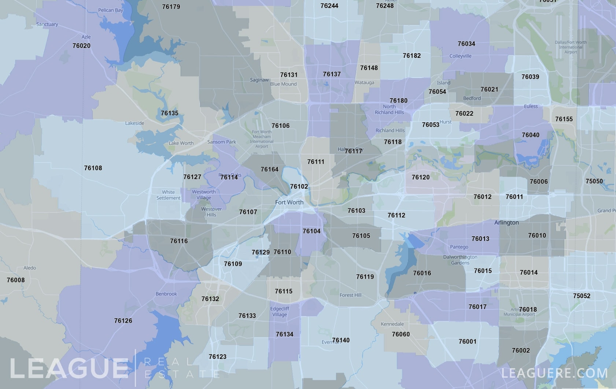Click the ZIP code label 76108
coord(93,168)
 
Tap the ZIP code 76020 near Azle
coord(81,46)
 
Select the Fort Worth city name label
coord(289,202)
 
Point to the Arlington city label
coord(506,223)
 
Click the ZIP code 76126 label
coord(123,321)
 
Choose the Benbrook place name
coord(166,294)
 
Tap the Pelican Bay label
coord(111,10)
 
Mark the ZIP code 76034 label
coord(466,44)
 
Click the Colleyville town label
coord(460,56)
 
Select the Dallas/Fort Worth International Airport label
coord(571,47)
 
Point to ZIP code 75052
coord(582,296)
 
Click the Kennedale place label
coord(392,324)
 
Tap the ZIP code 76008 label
coord(16,280)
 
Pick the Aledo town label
coord(30,268)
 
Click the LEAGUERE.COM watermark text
coord(554,373)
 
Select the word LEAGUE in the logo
coord(69,368)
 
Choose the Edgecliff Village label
coord(280,312)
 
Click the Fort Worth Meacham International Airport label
coord(262,139)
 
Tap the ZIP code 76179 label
coord(171,7)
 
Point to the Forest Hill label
coord(350,295)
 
